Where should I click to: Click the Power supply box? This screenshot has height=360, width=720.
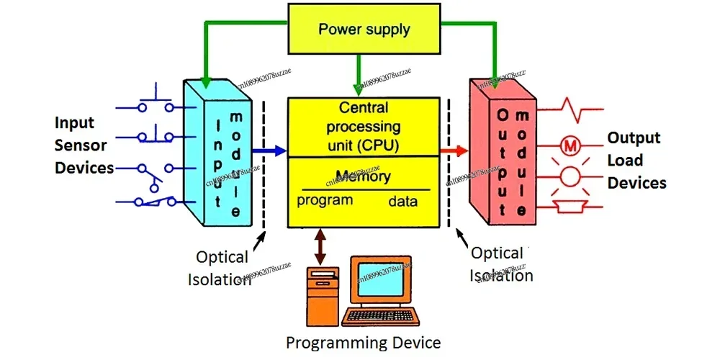pos(364,30)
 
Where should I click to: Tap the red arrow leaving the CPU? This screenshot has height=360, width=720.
pos(454,150)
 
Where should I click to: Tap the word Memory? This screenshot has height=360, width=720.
pos(363,176)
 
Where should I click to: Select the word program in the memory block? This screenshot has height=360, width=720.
pos(325,200)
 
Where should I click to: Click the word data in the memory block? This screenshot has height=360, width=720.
pos(402,202)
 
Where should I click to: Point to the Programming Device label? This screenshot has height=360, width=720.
pos(363,342)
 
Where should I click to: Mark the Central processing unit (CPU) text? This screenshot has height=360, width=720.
pos(363,126)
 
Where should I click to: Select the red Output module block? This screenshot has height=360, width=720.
pos(504,155)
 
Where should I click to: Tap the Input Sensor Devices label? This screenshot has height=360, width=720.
pos(84,145)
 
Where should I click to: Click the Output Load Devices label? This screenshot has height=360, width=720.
pos(636,160)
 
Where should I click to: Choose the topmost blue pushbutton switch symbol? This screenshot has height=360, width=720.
pos(156,102)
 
